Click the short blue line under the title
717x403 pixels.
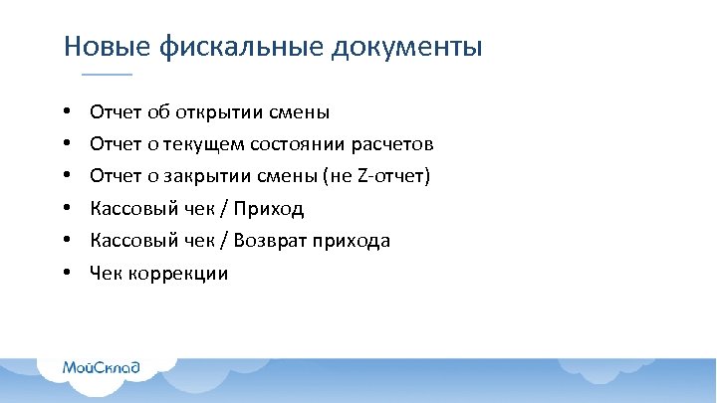click(x=106, y=76)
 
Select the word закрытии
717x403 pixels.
click(x=212, y=176)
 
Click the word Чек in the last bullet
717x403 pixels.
click(x=106, y=273)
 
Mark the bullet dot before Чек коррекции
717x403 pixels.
click(x=65, y=273)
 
